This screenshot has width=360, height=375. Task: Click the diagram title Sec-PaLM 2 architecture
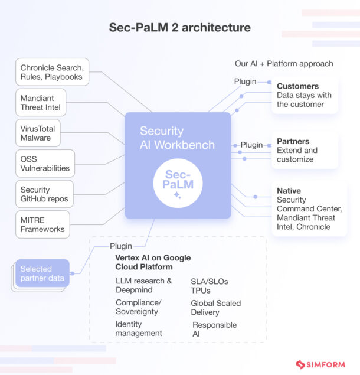point(179,28)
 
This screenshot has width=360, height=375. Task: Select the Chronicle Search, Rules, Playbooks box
point(52,72)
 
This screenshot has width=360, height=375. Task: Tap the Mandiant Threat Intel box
point(41,102)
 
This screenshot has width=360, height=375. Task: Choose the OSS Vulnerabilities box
point(45,163)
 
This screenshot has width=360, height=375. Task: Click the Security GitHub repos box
point(44,194)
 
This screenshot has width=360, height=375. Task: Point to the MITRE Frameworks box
point(42,224)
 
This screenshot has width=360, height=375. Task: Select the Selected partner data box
point(42,273)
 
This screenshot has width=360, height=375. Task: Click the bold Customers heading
point(297,86)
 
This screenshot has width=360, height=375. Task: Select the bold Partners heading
point(293,142)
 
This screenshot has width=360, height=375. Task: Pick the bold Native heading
point(289,191)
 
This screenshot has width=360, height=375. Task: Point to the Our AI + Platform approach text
point(284,64)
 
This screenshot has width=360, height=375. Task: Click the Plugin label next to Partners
point(251,145)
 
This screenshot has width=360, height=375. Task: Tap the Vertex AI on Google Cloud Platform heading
point(153,263)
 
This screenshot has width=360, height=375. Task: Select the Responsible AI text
point(214,329)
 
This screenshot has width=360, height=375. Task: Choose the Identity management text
point(139,329)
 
